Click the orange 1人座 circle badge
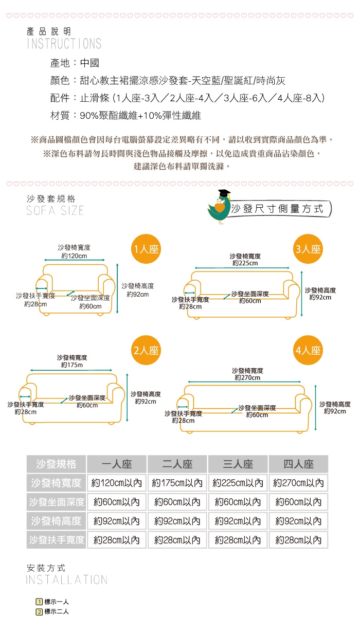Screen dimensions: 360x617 point(146,249)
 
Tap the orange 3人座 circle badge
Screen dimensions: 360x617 point(308,249)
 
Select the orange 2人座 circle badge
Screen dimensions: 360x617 point(146,350)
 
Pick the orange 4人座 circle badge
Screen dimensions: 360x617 point(308,350)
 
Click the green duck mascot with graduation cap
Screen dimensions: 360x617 point(220,207)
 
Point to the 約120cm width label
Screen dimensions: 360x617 point(74,256)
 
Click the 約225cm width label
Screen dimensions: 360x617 point(245,263)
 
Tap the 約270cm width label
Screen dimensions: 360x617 point(247,377)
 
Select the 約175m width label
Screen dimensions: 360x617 point(72,365)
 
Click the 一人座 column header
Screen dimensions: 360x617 point(117,464)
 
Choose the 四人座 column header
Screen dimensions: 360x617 point(299,464)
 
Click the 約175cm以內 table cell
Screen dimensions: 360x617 point(177,483)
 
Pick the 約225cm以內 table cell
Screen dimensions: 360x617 point(238,483)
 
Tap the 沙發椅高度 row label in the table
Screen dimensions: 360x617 point(56,521)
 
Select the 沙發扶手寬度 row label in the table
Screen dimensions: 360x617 point(56,540)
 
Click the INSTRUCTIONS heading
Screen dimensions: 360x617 point(64,44)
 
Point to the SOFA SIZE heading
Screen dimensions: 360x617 point(55,211)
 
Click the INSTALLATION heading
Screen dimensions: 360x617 point(67,579)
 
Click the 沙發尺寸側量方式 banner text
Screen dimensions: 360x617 point(277,209)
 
